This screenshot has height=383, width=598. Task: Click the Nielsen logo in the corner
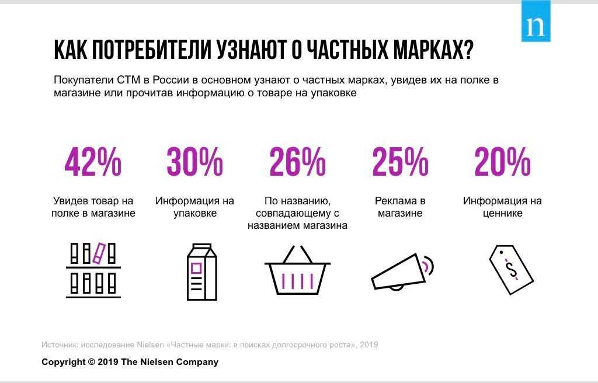(536, 22)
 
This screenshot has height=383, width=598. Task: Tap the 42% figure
(93, 162)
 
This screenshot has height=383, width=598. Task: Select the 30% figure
(194, 162)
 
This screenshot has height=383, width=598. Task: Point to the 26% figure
(297, 162)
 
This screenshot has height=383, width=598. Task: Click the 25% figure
(400, 162)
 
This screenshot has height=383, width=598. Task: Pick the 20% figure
(502, 162)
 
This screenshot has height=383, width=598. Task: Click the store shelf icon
(93, 270)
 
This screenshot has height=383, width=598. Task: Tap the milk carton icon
(201, 271)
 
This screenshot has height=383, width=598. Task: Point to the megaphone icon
(402, 271)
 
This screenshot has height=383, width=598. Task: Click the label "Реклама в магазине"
(400, 207)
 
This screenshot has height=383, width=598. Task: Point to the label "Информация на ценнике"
(502, 207)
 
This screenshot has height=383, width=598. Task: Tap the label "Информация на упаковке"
(194, 207)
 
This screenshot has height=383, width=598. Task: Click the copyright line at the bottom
(130, 362)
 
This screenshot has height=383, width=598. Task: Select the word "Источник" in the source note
(60, 344)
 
